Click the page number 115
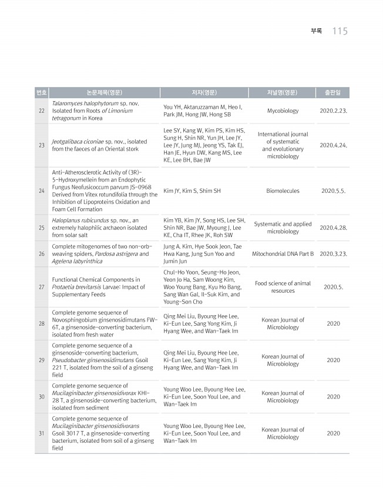point(340,31)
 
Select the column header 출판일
point(333,93)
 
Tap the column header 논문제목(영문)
point(104,93)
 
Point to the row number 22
point(41,111)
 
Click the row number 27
point(41,287)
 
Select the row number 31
point(41,433)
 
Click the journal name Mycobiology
point(283,111)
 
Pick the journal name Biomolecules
point(283,191)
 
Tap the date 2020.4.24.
point(333,145)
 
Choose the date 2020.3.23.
point(333,254)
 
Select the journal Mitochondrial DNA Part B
point(283,254)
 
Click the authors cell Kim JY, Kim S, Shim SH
point(192,191)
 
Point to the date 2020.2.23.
point(333,111)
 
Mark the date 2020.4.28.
point(333,228)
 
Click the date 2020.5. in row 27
point(333,287)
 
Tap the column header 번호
point(41,93)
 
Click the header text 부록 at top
point(316,31)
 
